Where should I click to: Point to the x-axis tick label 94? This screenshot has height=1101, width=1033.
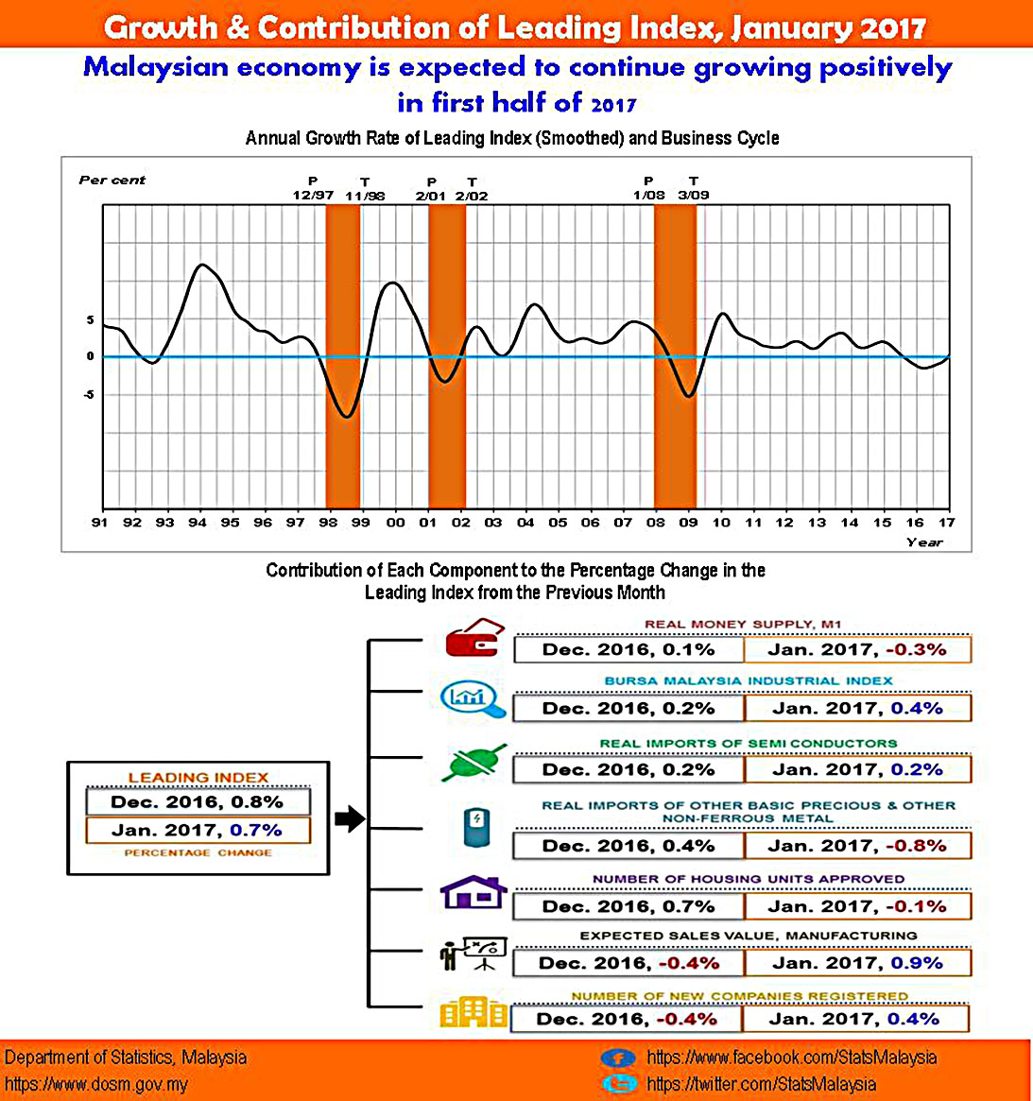pos(198,523)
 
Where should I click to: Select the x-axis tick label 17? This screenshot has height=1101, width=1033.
pos(947,523)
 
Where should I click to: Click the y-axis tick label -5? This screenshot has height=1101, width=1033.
pos(90,395)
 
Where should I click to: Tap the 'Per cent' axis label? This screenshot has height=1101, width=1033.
pos(112,180)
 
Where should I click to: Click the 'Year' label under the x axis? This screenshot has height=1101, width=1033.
pos(923,542)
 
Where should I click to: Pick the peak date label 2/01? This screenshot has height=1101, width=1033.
pos(431,196)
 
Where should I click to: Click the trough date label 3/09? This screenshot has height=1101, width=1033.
pos(694,196)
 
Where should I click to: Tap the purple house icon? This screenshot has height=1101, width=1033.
pos(473,892)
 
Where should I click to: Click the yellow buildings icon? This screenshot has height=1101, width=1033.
pos(473,1012)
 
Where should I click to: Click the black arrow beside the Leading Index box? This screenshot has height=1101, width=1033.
pos(349,818)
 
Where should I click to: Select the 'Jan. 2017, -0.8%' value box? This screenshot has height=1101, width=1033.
pos(856,846)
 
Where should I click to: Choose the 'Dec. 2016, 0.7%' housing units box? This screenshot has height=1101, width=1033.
pos(628,906)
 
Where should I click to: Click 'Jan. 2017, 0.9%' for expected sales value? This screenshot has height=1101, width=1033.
pos(857,963)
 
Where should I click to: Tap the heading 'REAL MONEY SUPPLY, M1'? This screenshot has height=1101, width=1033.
pos(743,624)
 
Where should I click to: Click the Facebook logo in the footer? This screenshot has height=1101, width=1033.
pos(618,1058)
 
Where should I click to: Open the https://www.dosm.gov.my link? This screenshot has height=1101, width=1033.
pos(96,1084)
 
